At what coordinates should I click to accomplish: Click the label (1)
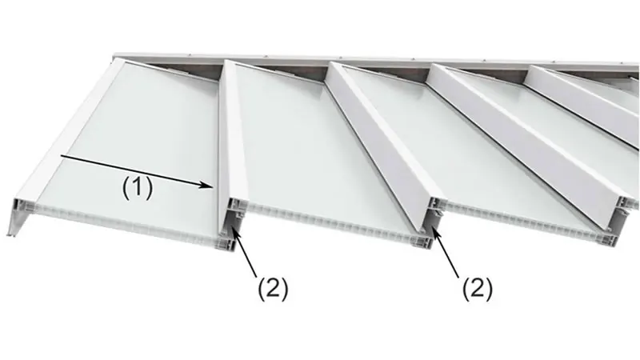tap(138, 188)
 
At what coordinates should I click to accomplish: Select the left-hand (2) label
tap(273, 288)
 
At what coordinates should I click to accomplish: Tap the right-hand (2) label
tap(477, 288)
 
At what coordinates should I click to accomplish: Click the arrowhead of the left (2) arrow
tap(234, 231)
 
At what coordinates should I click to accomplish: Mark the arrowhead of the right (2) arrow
tap(434, 231)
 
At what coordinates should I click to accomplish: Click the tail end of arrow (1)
tap(62, 155)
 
